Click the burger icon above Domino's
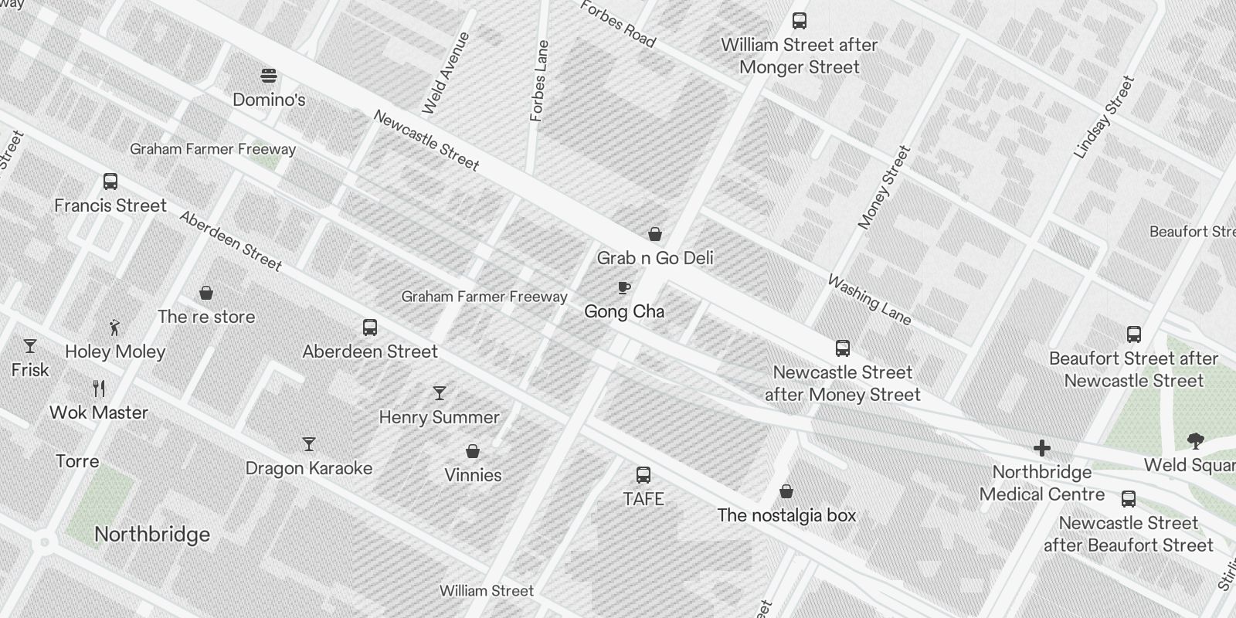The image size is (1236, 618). point(269,76)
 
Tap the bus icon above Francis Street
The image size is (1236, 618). point(110,182)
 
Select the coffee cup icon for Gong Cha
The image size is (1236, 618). point(624,288)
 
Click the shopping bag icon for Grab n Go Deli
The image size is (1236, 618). point(655,234)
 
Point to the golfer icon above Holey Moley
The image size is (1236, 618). point(115,327)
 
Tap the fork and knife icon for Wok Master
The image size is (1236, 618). point(99,388)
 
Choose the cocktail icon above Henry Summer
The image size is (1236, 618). point(440,393)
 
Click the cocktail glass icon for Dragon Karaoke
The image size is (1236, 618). point(309,444)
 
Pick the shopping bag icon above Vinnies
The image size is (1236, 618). point(473,451)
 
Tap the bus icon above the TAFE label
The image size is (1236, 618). point(643,475)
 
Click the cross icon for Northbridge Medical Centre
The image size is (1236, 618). point(1042,448)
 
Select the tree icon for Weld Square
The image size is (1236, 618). point(1195,441)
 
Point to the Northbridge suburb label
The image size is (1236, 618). point(152,535)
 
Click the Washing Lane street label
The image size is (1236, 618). point(869,300)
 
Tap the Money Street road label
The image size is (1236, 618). point(885,188)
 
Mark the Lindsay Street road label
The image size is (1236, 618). point(1104,117)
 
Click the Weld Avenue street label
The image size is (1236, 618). point(446,73)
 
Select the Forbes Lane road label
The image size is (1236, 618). point(539,81)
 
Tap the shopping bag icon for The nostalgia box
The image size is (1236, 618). point(786,491)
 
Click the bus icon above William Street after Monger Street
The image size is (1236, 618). point(800,21)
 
